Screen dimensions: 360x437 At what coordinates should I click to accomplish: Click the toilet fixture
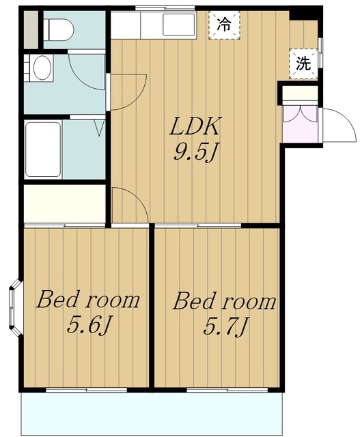tap(60, 29)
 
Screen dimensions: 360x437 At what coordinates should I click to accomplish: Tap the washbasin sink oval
tap(42, 68)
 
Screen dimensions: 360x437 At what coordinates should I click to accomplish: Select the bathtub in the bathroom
tap(43, 150)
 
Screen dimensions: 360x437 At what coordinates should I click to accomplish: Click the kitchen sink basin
tap(179, 25)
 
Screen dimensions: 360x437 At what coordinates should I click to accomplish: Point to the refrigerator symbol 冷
tap(224, 25)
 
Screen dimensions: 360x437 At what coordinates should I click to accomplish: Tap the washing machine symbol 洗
tap(303, 64)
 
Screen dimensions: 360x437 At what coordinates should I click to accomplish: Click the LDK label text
tap(195, 126)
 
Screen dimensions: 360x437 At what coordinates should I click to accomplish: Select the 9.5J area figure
tap(195, 152)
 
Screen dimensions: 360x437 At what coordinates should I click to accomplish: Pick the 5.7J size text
tap(225, 326)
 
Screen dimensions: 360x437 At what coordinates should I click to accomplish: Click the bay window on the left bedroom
tap(15, 307)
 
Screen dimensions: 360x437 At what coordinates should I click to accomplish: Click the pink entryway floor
tap(300, 124)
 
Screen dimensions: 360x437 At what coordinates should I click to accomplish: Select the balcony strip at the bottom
tap(152, 414)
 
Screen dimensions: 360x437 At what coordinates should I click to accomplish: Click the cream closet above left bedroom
tap(65, 203)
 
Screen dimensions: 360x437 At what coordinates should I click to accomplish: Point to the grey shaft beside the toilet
tap(31, 29)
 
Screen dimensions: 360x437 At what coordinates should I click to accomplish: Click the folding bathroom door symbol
tap(100, 128)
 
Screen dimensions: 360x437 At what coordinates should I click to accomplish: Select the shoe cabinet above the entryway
tap(300, 94)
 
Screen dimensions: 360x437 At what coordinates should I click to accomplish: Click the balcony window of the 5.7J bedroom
tap(227, 390)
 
